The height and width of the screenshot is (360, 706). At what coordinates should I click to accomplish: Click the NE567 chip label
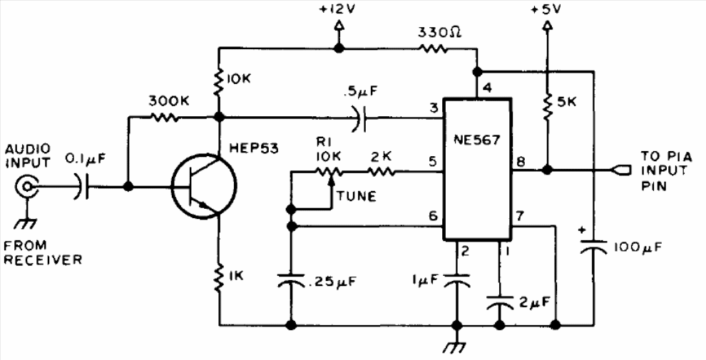(x=478, y=140)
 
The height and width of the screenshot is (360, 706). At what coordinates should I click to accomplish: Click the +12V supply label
(x=338, y=10)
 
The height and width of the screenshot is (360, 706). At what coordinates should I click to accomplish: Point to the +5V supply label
(x=546, y=9)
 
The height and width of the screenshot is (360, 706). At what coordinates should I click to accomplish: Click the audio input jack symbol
(x=26, y=185)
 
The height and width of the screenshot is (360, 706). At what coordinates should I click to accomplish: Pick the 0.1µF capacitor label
(x=84, y=159)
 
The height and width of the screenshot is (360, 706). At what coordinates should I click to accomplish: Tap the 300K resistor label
(x=169, y=102)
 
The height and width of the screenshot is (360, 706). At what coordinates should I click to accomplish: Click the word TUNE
(x=356, y=196)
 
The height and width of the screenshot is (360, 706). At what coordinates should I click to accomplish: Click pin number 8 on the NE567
(x=521, y=162)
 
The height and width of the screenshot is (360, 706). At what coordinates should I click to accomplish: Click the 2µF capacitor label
(x=534, y=301)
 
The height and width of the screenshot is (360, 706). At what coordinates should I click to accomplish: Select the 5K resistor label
(x=566, y=103)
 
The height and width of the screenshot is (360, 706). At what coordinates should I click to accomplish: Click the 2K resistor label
(x=382, y=157)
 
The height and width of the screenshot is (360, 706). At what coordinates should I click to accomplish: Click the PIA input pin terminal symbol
(x=619, y=170)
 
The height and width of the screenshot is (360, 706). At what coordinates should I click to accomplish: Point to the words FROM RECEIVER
(x=44, y=252)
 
